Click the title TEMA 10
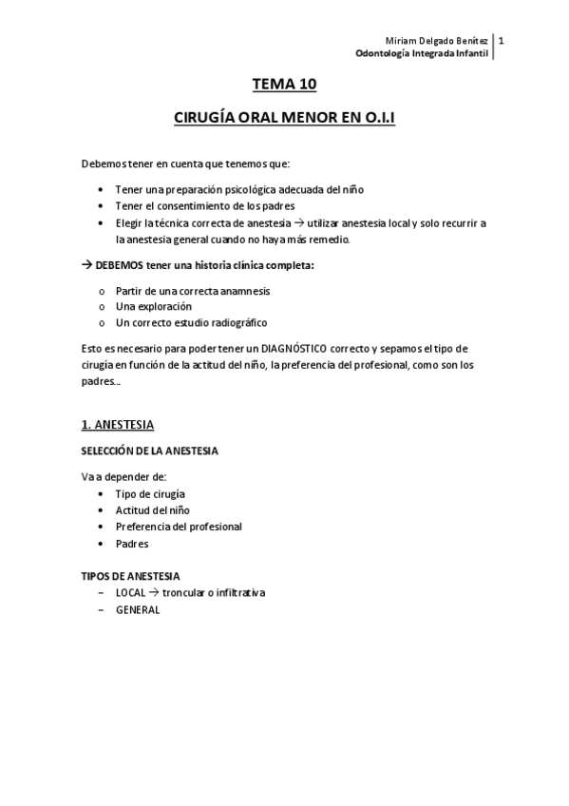(x=283, y=85)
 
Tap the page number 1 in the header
(x=501, y=41)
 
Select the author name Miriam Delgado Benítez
(x=438, y=42)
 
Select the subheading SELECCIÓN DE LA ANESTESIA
(x=148, y=451)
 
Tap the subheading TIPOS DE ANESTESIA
(x=130, y=576)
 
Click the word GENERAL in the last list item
(x=138, y=610)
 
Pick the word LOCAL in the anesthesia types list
(x=131, y=592)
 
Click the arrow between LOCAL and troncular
(x=154, y=592)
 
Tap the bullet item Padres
(x=132, y=544)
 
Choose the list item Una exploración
(x=153, y=306)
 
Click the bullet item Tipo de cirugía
(x=150, y=493)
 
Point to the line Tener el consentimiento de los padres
(x=204, y=206)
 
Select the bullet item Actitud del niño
(x=152, y=510)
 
